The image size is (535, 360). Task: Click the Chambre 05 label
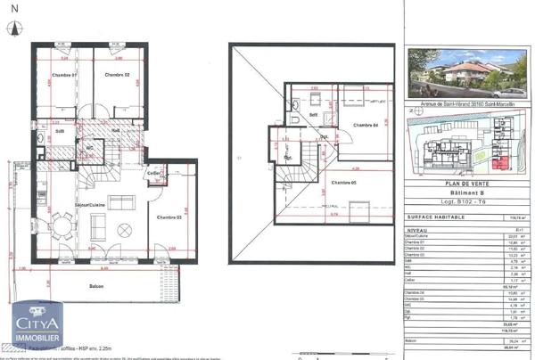pos(342,183)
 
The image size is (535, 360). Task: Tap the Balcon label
pos(95,286)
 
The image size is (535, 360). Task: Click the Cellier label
pos(154,172)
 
